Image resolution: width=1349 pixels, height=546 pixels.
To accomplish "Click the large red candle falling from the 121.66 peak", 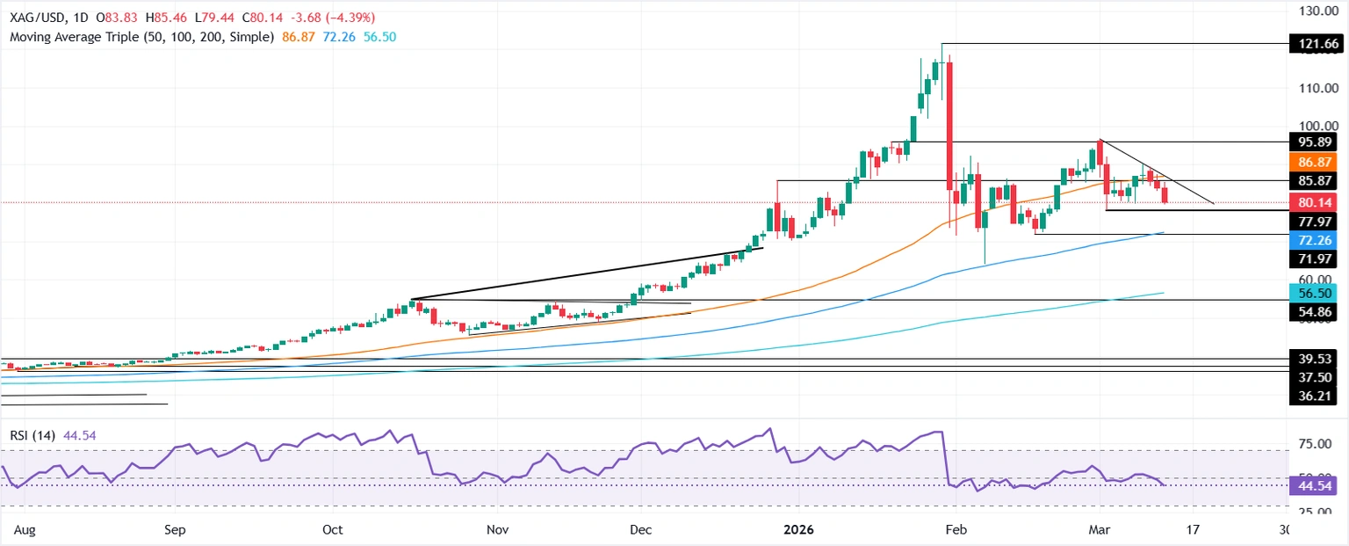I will coord(949,123).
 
